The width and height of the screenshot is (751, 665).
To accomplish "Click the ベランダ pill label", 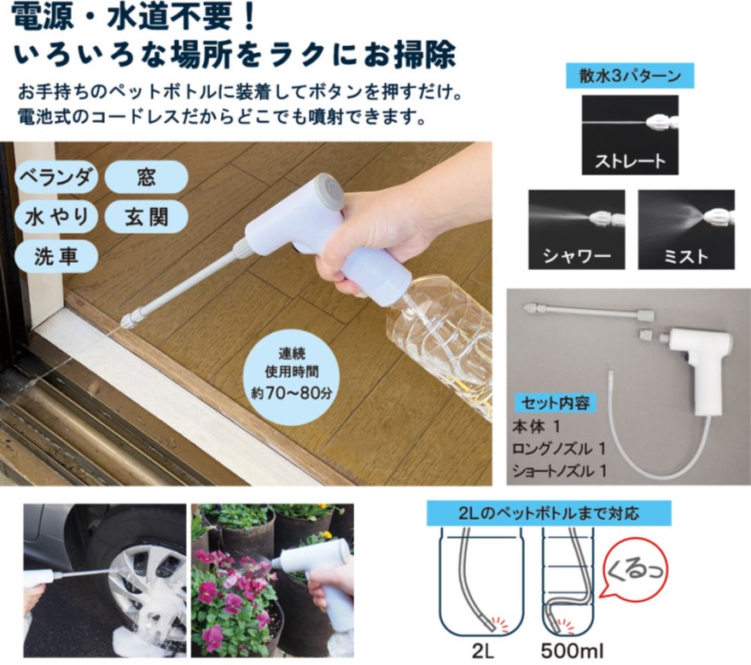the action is [x=56, y=178].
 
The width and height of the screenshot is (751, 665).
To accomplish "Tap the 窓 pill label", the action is [x=146, y=178].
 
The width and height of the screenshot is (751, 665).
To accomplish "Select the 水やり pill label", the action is [x=56, y=217].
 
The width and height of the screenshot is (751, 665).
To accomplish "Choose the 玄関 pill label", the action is [x=146, y=217].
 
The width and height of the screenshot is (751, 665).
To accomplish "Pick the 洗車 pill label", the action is [x=56, y=257].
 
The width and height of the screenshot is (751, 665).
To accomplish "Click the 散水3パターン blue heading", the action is [x=630, y=76].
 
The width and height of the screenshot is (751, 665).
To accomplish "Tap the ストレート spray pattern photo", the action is [x=630, y=135].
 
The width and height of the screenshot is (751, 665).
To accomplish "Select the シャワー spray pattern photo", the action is [x=577, y=230].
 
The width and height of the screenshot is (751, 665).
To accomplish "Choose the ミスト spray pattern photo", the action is [x=686, y=230].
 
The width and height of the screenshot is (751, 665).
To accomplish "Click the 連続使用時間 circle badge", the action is [x=292, y=374].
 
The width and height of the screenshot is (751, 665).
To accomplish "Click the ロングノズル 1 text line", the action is [x=559, y=449].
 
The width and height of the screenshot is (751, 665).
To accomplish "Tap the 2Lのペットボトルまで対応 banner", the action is [x=549, y=514].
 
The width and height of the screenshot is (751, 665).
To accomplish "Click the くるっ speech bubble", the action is [x=635, y=572].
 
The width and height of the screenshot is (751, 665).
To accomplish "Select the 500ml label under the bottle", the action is [x=572, y=651].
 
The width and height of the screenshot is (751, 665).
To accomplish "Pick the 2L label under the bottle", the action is [x=483, y=651].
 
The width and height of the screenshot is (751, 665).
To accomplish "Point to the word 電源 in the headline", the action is [x=43, y=17].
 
